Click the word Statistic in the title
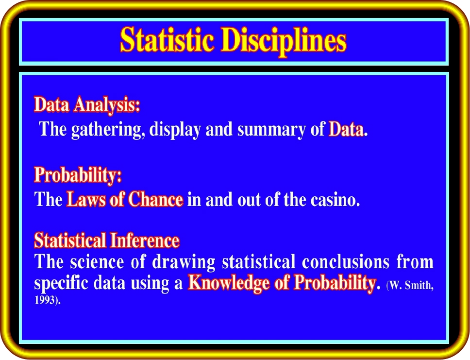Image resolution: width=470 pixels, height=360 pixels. click(x=167, y=40)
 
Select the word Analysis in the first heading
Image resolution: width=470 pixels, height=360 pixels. click(x=107, y=105)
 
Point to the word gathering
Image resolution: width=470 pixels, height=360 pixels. click(x=106, y=130)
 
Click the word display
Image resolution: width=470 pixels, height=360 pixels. click(x=175, y=130)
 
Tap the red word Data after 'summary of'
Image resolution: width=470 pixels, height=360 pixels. click(x=346, y=129)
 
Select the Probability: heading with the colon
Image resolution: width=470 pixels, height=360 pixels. click(x=78, y=175)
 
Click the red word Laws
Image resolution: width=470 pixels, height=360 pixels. click(x=86, y=199)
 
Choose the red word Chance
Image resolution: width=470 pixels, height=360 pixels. click(x=155, y=199)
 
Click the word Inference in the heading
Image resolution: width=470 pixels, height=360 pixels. click(x=145, y=240)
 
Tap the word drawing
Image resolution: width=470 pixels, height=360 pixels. click(x=184, y=262)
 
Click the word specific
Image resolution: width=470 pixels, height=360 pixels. click(x=61, y=283)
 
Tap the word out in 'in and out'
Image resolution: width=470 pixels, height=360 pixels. click(x=249, y=200)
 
